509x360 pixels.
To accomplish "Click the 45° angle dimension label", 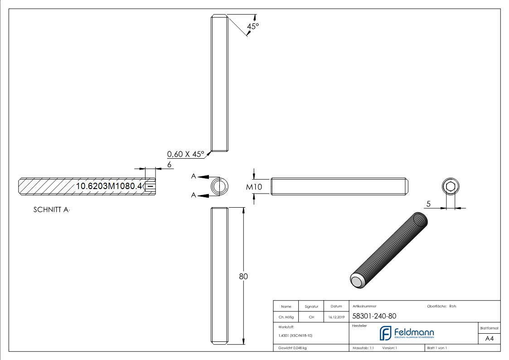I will [x=252, y=26].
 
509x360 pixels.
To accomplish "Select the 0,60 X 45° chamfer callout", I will [x=186, y=154].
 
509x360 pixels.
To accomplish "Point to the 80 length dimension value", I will [x=243, y=276].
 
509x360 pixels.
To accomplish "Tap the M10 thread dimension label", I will [x=254, y=187].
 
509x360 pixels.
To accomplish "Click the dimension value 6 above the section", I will [x=169, y=165].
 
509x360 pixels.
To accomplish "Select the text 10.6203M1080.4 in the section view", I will [x=109, y=186].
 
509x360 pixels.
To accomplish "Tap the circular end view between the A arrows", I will [x=220, y=186].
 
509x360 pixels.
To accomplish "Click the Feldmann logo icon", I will [x=385, y=333].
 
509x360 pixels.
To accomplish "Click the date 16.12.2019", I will [x=336, y=317].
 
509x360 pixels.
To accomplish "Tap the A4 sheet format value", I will [x=490, y=339].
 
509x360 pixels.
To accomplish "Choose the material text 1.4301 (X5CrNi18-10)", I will [x=295, y=336].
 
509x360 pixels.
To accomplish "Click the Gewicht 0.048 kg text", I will [x=292, y=348].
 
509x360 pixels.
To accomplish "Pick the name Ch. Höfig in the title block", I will [x=286, y=317].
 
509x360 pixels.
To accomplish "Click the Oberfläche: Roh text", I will [x=441, y=306].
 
